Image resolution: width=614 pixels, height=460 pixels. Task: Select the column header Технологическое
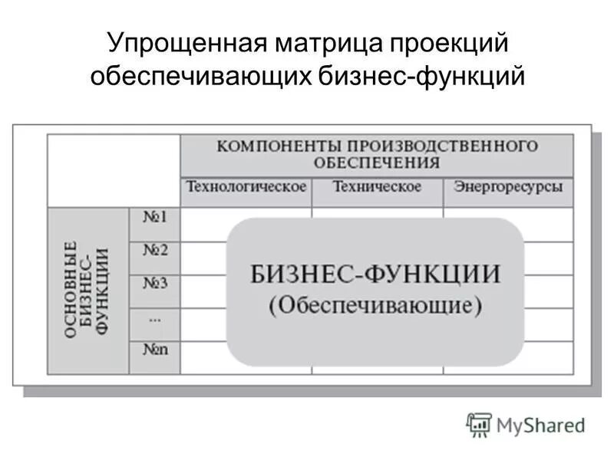tap(246, 187)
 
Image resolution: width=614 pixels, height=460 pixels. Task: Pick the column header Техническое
tap(377, 187)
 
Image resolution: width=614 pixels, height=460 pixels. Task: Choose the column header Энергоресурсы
tap(508, 187)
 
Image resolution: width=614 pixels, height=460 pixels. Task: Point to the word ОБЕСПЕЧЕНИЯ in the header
tap(377, 163)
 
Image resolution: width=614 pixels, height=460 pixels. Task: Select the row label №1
tap(155, 217)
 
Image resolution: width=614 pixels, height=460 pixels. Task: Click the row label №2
tap(155, 250)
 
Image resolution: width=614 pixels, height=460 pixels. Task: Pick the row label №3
tap(155, 283)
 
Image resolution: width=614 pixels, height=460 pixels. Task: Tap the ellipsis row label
tap(153, 316)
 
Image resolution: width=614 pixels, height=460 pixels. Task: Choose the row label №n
tap(155, 349)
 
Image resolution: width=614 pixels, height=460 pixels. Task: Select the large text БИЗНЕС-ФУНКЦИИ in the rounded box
tap(375, 274)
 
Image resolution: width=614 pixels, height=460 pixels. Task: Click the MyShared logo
tap(525, 424)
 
